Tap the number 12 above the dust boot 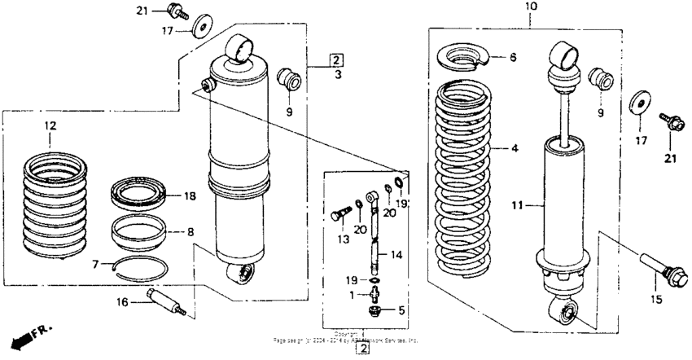(x=50, y=126)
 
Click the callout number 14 (x=396, y=254)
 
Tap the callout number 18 (x=191, y=196)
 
